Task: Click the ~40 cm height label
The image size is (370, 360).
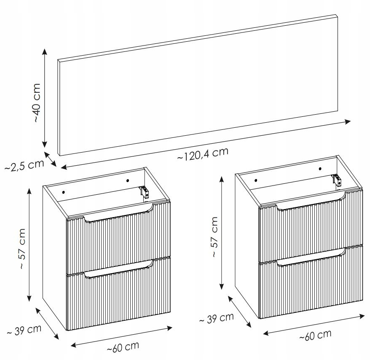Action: (37, 102)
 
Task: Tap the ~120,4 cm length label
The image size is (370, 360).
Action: (203, 154)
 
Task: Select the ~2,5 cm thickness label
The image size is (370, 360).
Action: (24, 165)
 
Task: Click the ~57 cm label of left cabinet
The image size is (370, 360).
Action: (22, 249)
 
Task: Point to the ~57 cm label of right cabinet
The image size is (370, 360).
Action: (214, 237)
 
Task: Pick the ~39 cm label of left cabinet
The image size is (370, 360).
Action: (24, 330)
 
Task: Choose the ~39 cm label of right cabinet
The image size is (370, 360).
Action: (216, 318)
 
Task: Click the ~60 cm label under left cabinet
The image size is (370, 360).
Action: (123, 347)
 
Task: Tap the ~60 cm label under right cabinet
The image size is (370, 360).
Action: (315, 335)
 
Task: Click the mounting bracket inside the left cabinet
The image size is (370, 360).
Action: (144, 192)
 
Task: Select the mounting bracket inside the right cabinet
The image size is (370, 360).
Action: (337, 180)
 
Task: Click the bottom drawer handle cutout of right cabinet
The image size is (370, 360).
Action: (311, 257)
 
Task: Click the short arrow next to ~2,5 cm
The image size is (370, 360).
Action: (50, 159)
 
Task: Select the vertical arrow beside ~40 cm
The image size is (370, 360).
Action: (45, 98)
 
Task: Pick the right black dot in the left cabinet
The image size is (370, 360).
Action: (128, 180)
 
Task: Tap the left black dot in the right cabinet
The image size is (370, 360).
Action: (256, 180)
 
